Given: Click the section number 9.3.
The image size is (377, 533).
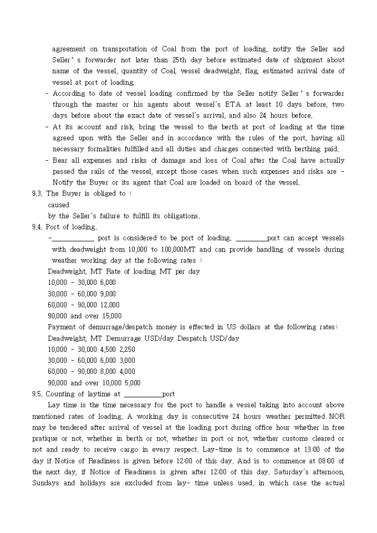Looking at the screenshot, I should pyautogui.click(x=37, y=193).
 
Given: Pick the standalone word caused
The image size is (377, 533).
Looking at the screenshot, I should pyautogui.click(x=59, y=204).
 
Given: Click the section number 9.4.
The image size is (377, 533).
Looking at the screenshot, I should pyautogui.click(x=37, y=227).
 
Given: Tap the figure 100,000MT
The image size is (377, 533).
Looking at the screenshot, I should pyautogui.click(x=167, y=249).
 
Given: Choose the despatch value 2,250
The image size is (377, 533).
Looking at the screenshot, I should pyautogui.click(x=127, y=350).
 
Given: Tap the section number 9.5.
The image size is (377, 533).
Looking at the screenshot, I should pyautogui.click(x=37, y=394).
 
